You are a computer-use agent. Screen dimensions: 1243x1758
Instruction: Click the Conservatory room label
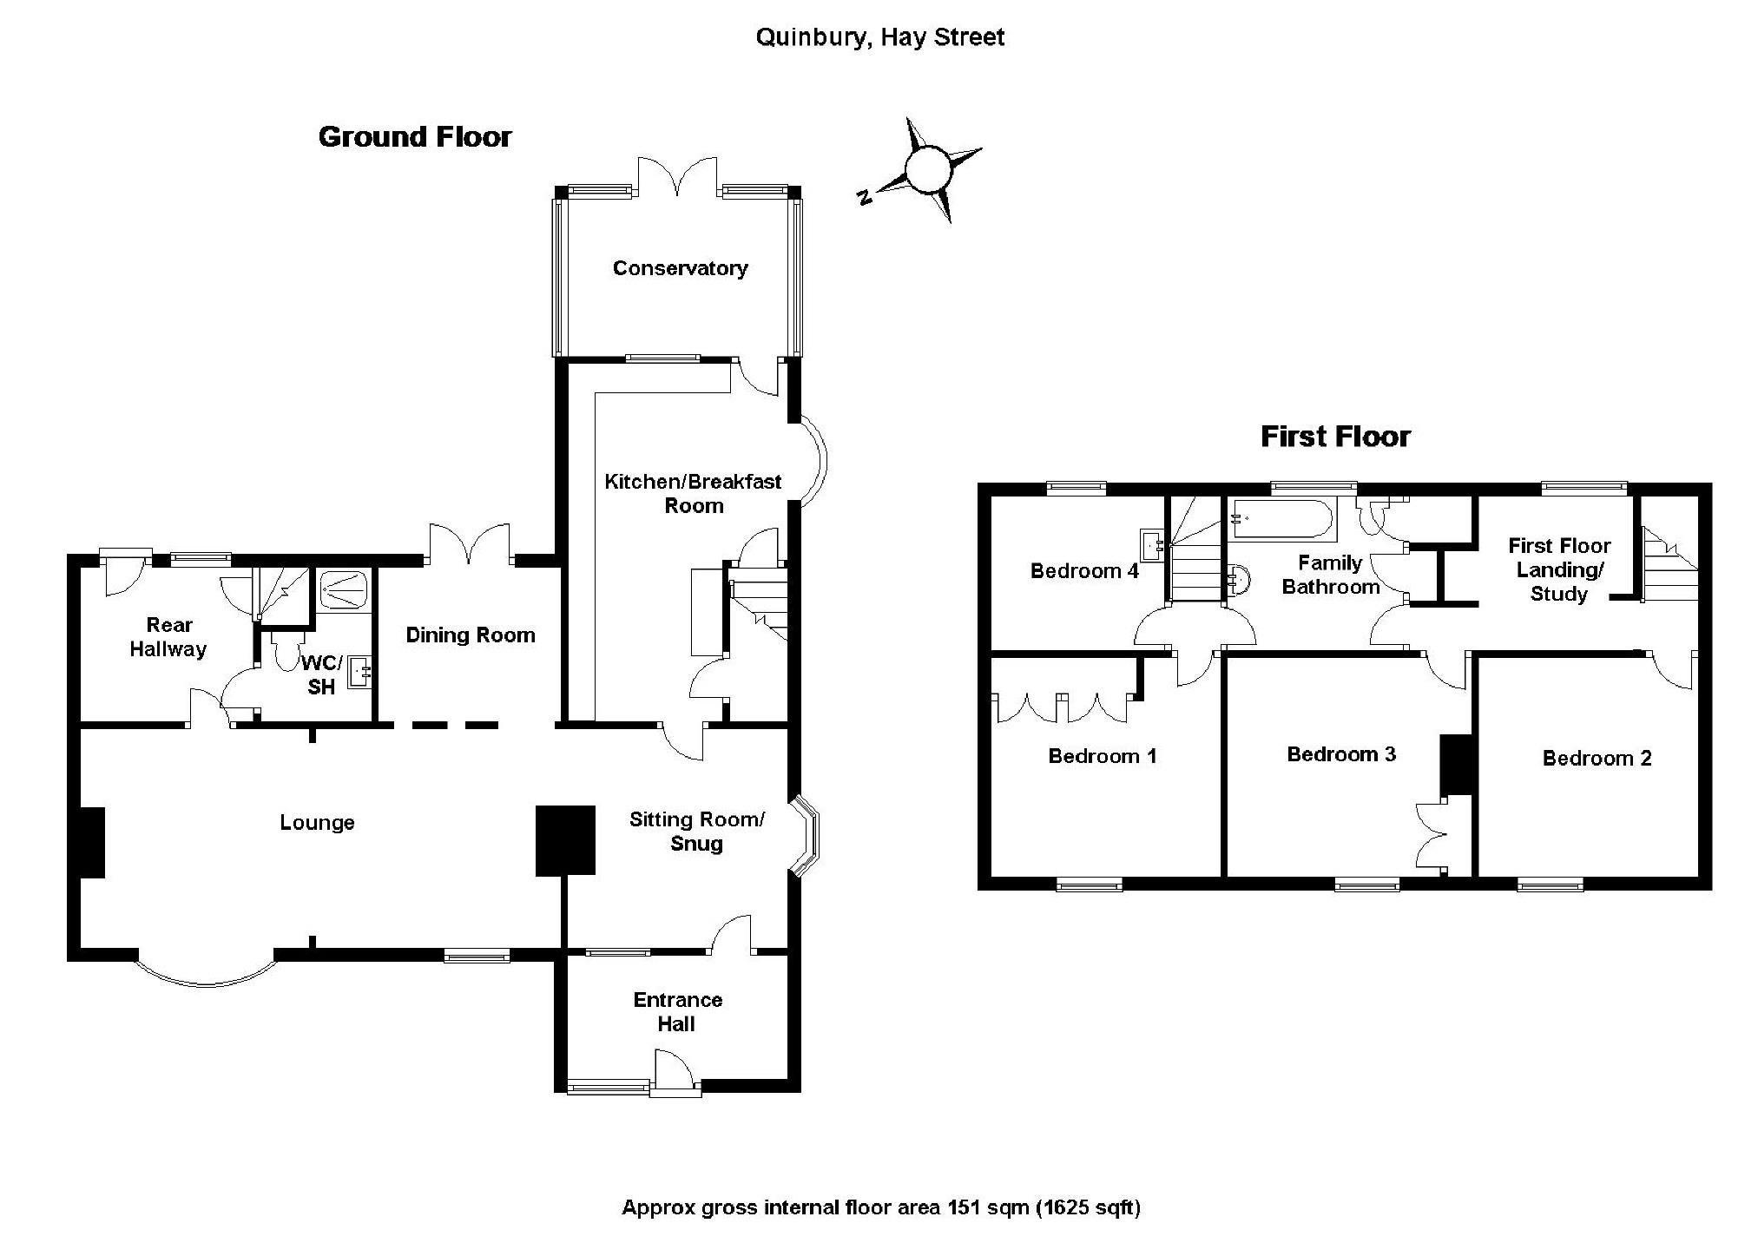680,268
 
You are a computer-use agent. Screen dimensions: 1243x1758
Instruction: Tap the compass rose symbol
926,168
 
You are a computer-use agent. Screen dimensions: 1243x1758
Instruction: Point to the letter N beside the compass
864,197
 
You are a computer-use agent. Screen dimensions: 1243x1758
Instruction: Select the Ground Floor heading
415,137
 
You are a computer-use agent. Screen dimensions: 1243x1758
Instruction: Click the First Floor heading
1335,436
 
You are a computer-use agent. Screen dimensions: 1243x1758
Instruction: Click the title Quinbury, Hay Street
879,37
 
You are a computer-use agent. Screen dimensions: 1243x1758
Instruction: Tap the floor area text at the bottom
880,1207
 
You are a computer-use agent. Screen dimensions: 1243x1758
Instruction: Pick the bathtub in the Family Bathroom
1282,519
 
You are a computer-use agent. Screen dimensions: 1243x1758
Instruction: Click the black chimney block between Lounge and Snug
565,839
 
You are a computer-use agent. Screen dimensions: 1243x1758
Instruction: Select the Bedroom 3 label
1341,754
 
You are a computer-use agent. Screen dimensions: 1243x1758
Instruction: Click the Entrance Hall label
677,1012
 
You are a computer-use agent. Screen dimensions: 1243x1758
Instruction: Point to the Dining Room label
471,635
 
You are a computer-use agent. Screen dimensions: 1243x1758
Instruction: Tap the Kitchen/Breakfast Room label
693,493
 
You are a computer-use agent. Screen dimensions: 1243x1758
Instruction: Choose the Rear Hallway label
168,637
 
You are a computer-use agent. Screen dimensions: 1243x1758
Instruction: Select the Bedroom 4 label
1084,571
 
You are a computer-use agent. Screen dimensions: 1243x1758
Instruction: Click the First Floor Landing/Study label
1559,569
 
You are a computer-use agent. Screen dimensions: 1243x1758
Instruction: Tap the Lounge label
317,823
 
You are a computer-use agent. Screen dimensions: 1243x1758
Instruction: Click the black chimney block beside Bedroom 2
1458,765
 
